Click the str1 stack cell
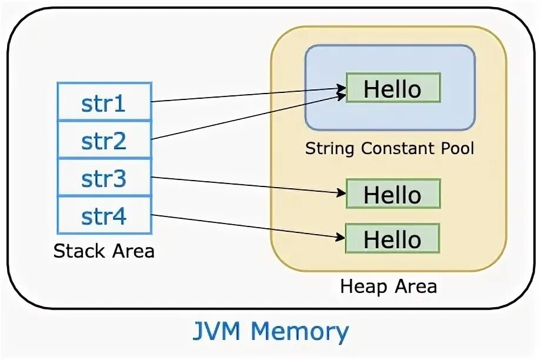point(104,103)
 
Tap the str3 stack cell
point(104,178)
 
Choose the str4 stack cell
point(104,216)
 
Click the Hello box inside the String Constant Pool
point(393,88)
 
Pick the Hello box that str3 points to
point(393,194)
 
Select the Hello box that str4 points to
point(393,239)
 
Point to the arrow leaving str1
point(247,95)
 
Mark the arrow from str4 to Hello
point(247,226)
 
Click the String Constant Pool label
point(389,148)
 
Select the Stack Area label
point(104,251)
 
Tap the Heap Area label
point(389,286)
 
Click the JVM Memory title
point(270,332)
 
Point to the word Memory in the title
point(300,332)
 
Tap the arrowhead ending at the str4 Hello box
point(342,237)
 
